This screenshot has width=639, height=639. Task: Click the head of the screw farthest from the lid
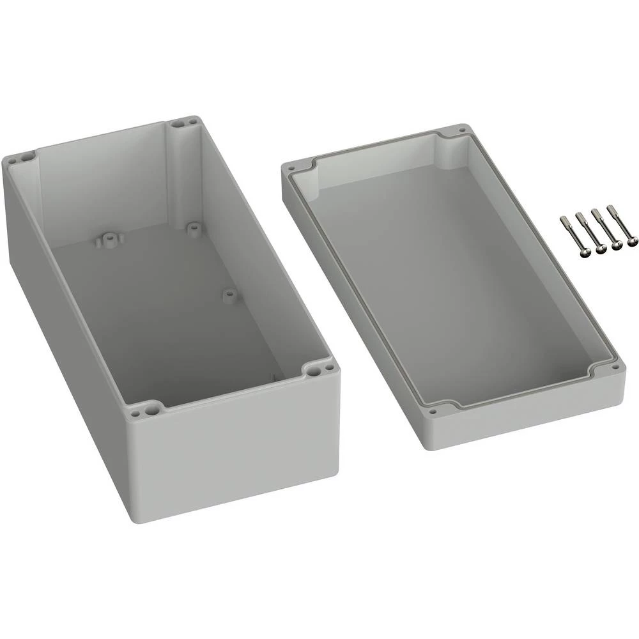[632, 242]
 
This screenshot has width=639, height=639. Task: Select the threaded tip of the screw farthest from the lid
[610, 208]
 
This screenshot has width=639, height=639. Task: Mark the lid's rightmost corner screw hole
[617, 369]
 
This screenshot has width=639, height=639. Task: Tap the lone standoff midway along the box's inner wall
[228, 295]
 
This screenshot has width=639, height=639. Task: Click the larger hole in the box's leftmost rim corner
[27, 155]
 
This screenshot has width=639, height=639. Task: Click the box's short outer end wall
[236, 447]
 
